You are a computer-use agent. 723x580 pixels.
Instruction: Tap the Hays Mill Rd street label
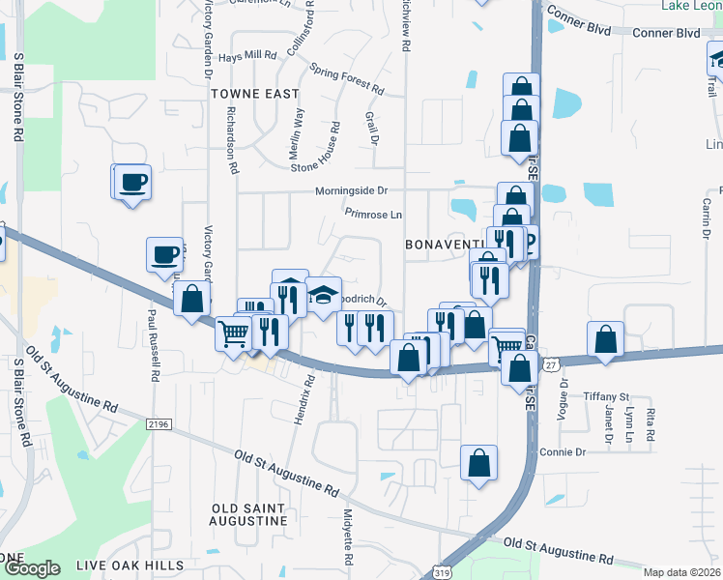click(x=248, y=56)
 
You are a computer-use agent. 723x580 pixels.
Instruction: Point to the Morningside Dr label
click(x=355, y=191)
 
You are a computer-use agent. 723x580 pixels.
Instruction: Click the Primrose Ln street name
click(x=373, y=213)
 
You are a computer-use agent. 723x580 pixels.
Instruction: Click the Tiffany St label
click(x=607, y=396)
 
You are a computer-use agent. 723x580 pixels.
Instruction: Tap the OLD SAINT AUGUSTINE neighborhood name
click(x=249, y=514)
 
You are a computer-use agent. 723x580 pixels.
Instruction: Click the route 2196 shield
click(x=159, y=423)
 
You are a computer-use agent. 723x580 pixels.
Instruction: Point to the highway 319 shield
click(x=443, y=573)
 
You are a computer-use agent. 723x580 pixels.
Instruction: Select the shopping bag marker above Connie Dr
click(x=479, y=463)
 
